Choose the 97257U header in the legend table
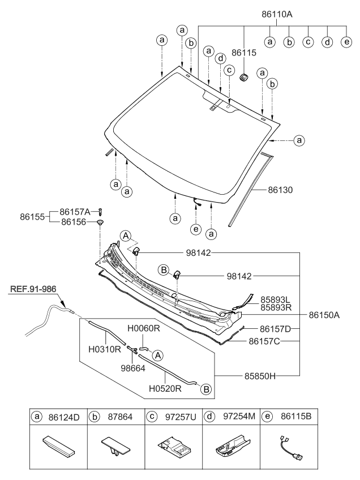[x=180, y=417]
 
